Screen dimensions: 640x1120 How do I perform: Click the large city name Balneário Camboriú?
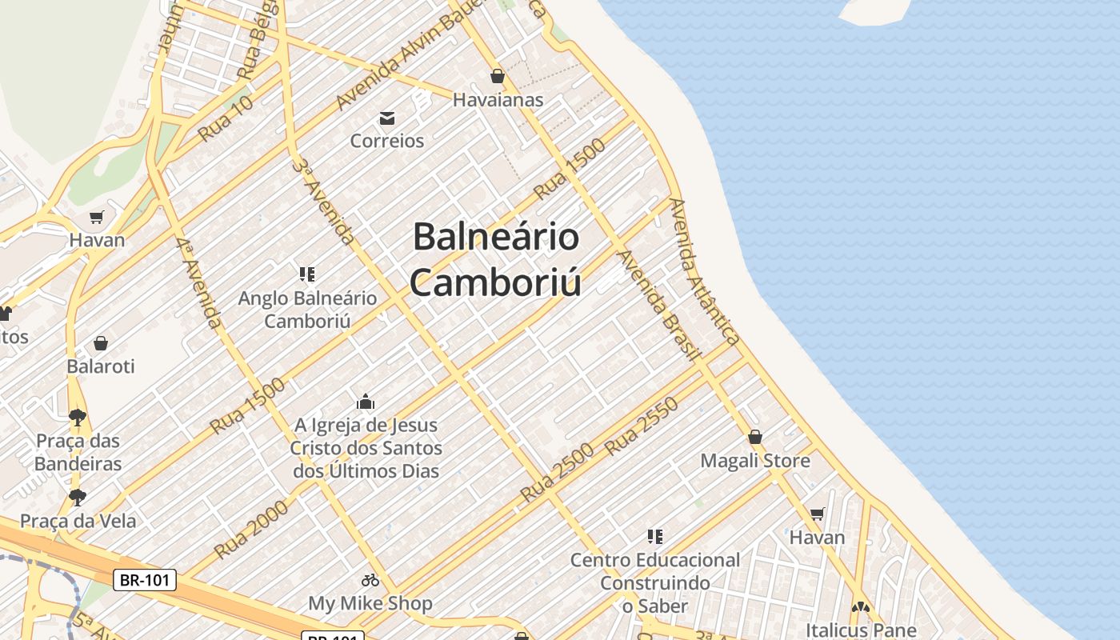496,260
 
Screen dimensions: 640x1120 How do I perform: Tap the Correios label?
387,141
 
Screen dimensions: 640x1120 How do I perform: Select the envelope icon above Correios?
387,119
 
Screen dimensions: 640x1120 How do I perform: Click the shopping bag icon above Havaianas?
498,76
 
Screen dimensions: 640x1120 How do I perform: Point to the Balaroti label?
101,366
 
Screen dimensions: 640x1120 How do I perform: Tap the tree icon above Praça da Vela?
78,498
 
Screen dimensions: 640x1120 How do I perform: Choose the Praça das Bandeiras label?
78,452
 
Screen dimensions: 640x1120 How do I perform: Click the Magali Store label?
755,461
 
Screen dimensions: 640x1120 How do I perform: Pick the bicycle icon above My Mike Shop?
370,580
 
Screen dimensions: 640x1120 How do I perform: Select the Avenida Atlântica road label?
704,272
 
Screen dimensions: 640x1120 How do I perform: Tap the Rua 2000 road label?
250,530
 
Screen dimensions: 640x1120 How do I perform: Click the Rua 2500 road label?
558,472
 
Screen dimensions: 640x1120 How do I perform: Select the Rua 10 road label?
226,118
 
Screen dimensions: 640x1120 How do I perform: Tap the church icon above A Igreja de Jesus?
366,402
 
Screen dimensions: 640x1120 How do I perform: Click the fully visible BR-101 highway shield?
145,580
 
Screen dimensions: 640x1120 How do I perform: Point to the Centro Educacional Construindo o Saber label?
655,583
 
